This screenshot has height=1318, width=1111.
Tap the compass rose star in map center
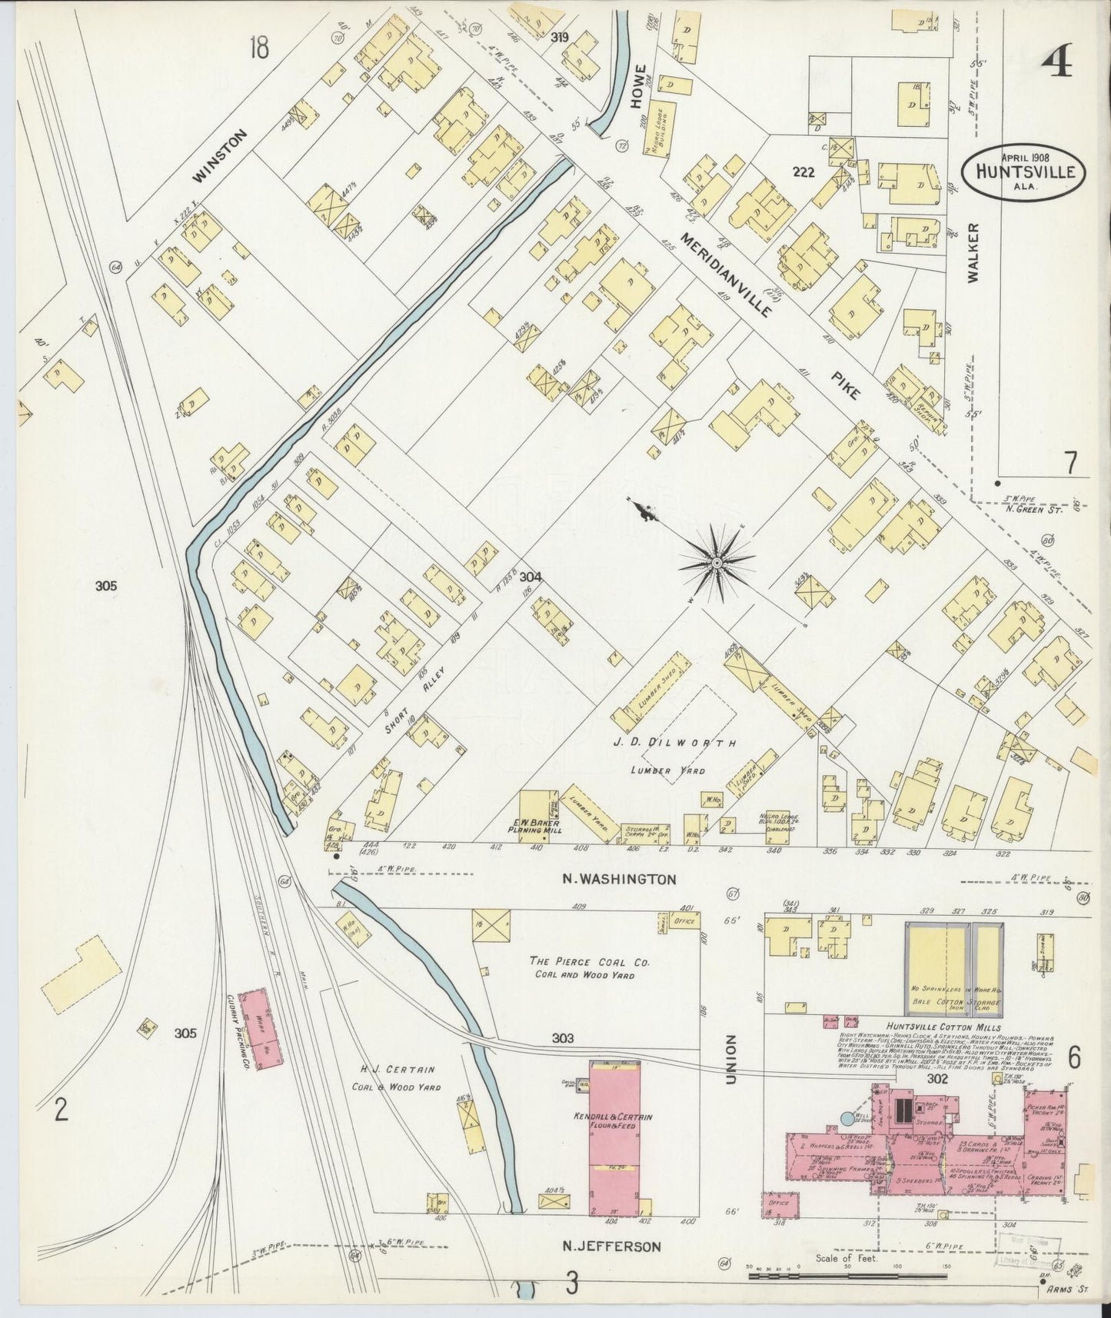click(x=716, y=563)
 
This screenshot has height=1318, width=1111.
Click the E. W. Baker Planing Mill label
click(x=537, y=826)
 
